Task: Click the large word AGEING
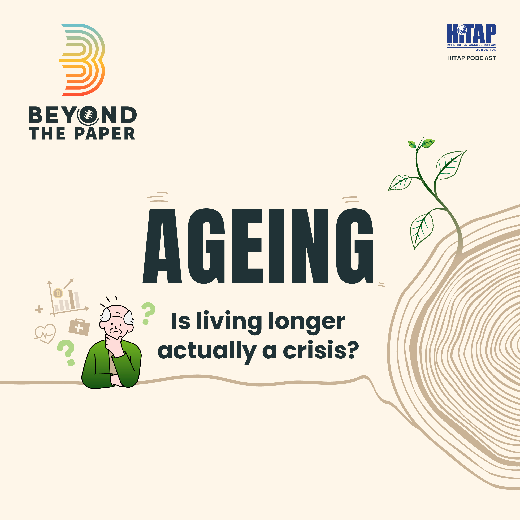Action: pos(258,246)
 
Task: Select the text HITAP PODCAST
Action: pos(471,58)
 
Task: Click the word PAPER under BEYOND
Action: pos(105,133)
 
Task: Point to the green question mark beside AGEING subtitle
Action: pos(148,313)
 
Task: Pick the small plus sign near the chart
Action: pos(39,309)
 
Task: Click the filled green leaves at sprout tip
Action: pos(421,144)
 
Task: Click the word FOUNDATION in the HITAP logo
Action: pos(485,50)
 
